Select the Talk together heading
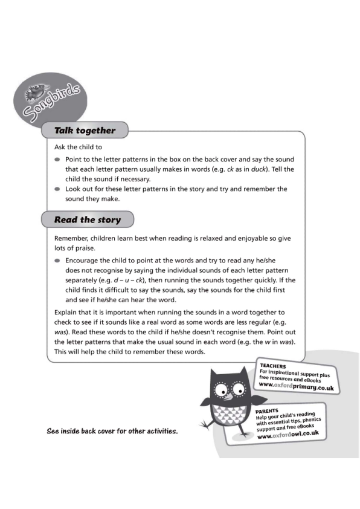[85, 130]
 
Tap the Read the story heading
[88, 219]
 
